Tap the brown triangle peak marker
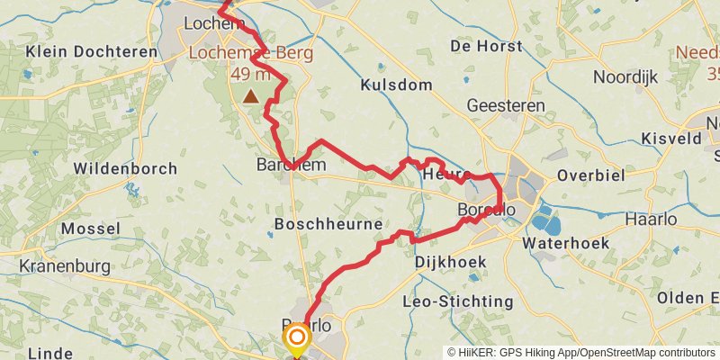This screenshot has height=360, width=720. click(249, 95)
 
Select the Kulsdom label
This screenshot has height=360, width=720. click(397, 85)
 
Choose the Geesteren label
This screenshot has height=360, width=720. click(506, 106)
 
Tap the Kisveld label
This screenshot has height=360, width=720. click(671, 139)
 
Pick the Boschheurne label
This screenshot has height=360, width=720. click(328, 223)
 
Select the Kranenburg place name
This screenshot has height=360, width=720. click(64, 266)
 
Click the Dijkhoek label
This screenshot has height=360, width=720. click(451, 262)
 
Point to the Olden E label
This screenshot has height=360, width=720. click(688, 297)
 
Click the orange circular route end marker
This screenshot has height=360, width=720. click(296, 338)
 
